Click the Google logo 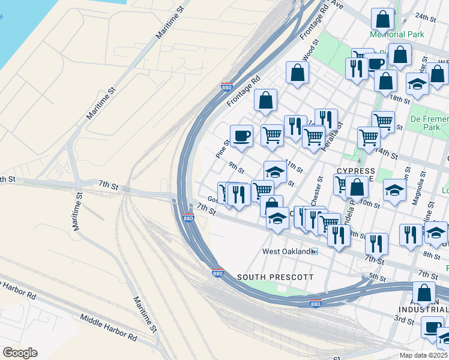tap(20, 353)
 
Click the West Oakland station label tap(286, 251)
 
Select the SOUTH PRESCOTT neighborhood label tap(276, 277)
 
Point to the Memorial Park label tap(397, 35)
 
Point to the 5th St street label tap(377, 277)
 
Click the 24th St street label tap(428, 17)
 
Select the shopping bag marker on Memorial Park tap(382, 20)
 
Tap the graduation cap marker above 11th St tap(275, 172)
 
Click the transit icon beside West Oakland tap(315, 251)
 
